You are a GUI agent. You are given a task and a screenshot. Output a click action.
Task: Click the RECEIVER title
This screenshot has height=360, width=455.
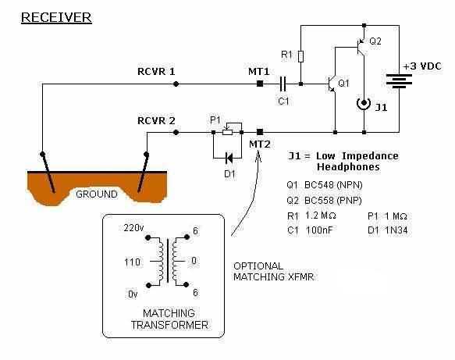[56, 17]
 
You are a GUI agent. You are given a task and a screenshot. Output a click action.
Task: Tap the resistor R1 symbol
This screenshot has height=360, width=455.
[301, 56]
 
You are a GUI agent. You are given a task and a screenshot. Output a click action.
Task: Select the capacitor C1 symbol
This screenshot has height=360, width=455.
[283, 84]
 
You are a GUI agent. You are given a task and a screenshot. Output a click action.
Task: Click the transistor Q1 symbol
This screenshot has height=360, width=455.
[332, 84]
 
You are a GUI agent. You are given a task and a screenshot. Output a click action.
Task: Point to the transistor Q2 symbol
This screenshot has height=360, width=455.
[361, 47]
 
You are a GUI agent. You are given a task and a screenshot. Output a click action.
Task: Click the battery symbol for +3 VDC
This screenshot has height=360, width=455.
[399, 81]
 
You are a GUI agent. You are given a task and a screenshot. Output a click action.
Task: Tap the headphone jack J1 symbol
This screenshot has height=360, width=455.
[364, 104]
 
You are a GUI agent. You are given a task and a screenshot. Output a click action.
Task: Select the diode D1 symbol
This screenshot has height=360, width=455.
[229, 159]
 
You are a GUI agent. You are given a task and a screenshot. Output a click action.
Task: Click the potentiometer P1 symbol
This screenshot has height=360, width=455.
[228, 130]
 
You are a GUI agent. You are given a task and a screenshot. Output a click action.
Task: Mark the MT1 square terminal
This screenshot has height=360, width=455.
[260, 84]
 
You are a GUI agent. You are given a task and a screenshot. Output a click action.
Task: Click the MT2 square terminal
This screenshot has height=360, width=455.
[260, 133]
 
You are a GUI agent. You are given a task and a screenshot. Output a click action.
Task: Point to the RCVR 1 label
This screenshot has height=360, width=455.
[156, 72]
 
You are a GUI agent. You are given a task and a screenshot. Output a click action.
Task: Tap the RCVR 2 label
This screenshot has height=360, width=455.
[156, 120]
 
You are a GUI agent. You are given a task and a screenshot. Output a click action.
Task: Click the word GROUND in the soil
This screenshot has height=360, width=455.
[97, 194]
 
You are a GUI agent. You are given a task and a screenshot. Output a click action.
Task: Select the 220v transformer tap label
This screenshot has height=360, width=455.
[133, 228]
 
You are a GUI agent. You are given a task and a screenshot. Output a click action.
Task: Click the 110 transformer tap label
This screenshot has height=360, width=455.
[133, 262]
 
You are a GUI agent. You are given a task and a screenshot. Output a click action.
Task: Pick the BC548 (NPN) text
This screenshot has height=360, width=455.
[333, 185]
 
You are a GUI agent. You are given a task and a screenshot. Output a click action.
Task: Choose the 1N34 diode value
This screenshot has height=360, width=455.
[396, 230]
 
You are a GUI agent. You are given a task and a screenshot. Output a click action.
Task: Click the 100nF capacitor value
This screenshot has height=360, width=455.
[319, 230]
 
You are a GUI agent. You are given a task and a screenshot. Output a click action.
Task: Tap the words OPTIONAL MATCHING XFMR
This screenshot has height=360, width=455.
[274, 272]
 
